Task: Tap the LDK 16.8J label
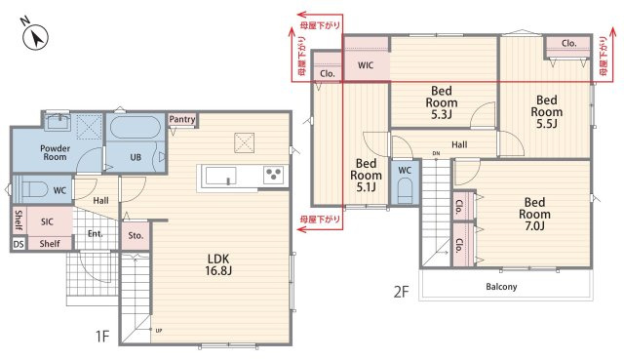218,264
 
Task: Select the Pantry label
182,119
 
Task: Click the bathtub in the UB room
136,127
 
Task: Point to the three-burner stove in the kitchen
274,175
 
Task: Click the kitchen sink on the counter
221,176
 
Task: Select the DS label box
19,244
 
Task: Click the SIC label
47,221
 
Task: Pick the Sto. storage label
136,236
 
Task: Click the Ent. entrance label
96,234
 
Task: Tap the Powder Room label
55,152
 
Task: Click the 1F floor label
102,337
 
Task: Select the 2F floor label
401,292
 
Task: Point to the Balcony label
501,287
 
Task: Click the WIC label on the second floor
366,65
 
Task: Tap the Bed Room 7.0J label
534,215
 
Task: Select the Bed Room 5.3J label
442,102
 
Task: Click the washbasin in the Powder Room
58,122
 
